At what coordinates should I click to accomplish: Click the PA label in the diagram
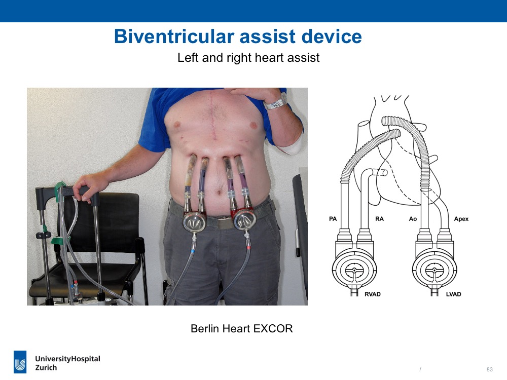(333, 219)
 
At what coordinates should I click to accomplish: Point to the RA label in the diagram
(379, 219)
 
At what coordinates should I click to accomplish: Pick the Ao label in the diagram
(413, 219)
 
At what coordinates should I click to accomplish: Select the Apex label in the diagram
(461, 219)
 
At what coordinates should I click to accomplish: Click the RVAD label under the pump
(373, 294)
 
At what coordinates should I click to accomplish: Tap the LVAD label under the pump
(453, 294)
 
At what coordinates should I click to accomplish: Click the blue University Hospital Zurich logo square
(20, 362)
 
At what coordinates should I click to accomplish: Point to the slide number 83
(490, 369)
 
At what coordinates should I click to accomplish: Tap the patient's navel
(219, 193)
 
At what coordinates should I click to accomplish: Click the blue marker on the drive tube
(193, 250)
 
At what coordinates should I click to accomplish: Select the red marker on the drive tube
(248, 248)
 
